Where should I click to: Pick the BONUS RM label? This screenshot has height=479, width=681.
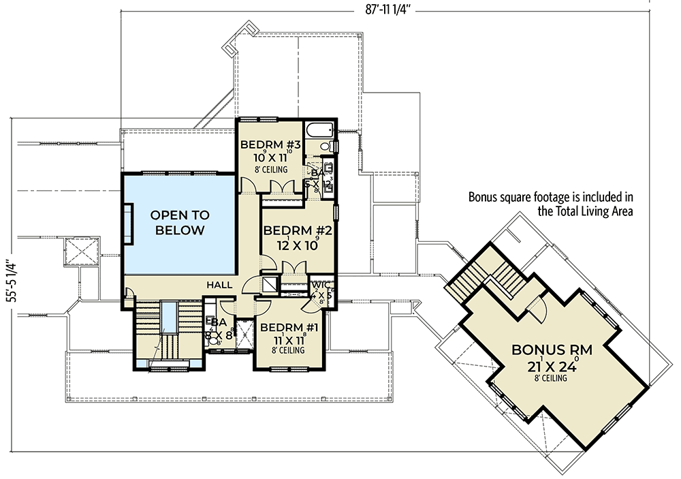coord(552,350)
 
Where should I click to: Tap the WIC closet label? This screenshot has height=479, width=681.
coord(320,285)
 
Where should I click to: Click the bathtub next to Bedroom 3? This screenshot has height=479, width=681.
coord(318,129)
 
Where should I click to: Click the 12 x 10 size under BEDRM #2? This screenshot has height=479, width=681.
coord(297,246)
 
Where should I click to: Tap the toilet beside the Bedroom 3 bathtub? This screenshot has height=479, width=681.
coord(326,146)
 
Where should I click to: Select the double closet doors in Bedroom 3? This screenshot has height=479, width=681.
coord(280,187)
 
